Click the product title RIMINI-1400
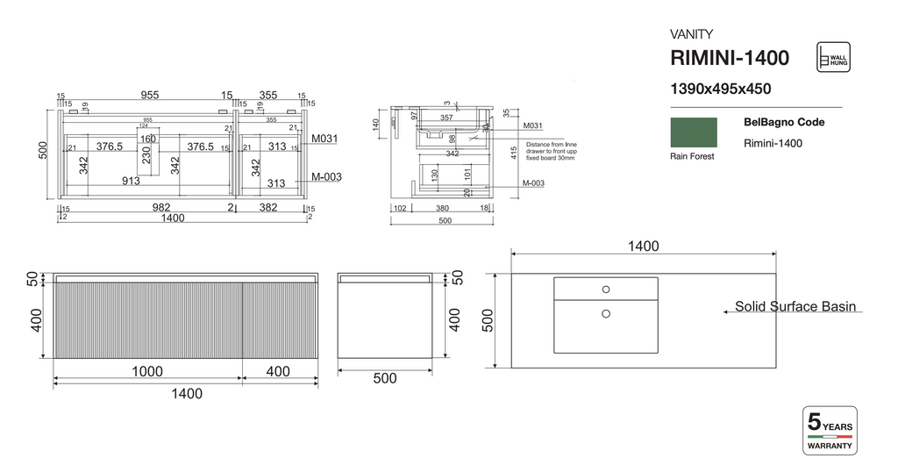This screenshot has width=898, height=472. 729,59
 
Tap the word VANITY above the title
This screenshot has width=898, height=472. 691,34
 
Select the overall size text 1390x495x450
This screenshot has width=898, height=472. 720,89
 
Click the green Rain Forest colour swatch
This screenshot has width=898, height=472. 693,133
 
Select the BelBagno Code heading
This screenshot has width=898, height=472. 783,123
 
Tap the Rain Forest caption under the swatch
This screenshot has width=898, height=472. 692,156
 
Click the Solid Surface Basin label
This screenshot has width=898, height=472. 795,307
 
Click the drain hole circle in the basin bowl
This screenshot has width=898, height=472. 605,312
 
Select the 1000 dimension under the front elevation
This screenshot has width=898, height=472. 146,372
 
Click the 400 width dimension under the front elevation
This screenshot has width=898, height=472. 277,372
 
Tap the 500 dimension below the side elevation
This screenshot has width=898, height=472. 384,379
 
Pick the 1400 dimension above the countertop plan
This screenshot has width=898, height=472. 643,247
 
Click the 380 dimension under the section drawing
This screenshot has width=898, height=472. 442,209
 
